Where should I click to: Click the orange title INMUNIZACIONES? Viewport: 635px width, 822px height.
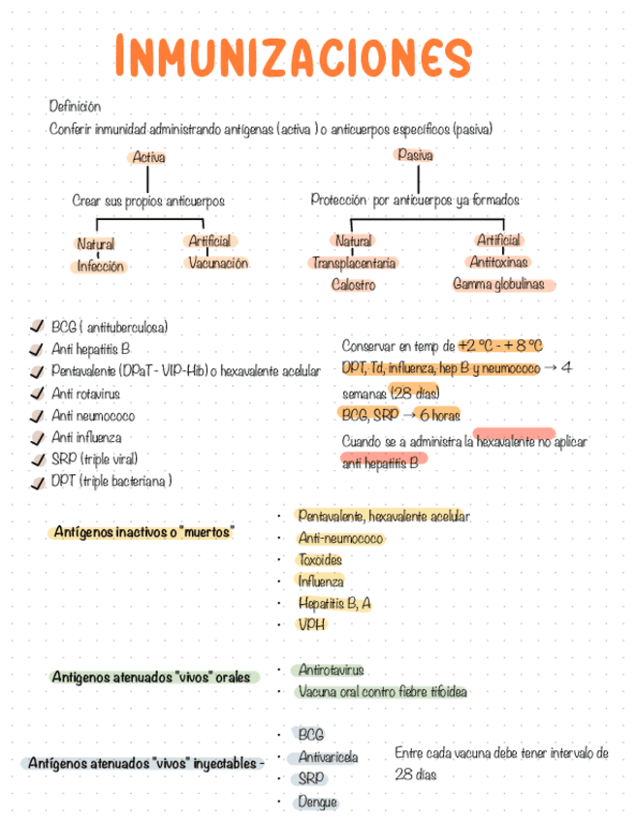click(292, 57)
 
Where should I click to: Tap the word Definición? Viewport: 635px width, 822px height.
click(75, 107)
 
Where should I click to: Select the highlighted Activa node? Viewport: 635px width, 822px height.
click(148, 157)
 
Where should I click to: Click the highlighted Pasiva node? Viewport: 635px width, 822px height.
click(415, 155)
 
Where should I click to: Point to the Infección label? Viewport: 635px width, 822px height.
click(101, 267)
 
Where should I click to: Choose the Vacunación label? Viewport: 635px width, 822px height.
click(218, 263)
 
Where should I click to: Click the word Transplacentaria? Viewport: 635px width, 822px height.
click(353, 263)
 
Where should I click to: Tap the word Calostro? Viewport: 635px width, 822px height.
click(353, 285)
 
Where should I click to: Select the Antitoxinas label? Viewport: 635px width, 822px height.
click(498, 262)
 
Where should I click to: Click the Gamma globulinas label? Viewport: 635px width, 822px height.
click(498, 284)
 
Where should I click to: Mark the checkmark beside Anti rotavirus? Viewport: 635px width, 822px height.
click(38, 394)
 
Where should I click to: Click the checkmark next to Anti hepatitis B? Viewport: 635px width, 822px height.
click(38, 349)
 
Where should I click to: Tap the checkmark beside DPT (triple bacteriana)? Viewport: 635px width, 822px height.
click(38, 481)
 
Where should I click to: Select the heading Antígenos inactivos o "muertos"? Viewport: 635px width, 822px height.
click(143, 533)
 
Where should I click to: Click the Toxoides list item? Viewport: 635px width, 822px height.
click(320, 559)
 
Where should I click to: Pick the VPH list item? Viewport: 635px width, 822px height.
click(312, 624)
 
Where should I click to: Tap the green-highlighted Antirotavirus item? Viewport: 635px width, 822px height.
click(331, 670)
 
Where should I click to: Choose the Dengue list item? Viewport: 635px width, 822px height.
click(318, 802)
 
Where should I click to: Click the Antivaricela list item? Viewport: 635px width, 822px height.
click(328, 757)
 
